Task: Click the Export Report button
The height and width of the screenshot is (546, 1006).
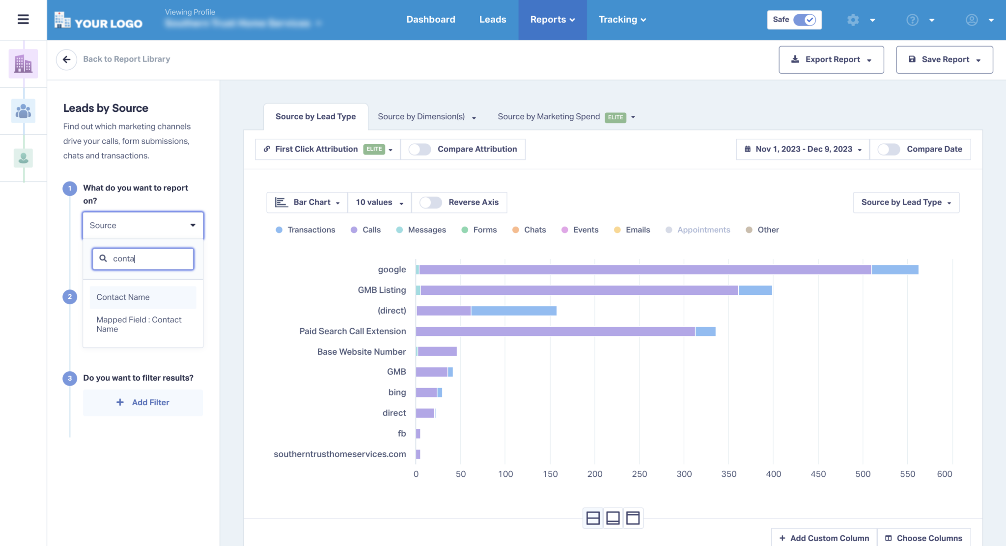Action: (831, 59)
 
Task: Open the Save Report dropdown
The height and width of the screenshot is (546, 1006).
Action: (944, 59)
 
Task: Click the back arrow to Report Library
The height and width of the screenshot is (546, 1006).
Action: (66, 59)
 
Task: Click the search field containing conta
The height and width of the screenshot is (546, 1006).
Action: (147, 259)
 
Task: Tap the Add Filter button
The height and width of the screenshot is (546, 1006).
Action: (143, 402)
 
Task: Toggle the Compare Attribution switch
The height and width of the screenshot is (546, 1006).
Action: (419, 149)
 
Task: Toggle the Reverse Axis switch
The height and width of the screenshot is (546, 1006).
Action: (430, 202)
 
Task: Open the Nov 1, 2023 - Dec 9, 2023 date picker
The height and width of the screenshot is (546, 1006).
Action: (803, 149)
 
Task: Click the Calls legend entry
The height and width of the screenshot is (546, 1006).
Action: (366, 230)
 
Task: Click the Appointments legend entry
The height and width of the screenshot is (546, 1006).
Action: (698, 230)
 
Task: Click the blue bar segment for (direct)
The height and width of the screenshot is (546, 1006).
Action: (513, 311)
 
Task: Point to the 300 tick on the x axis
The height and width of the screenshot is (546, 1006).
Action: (684, 474)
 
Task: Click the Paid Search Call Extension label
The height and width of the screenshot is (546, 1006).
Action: (352, 331)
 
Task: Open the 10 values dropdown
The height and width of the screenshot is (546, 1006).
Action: (379, 202)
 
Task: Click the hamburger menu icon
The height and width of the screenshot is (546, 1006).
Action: (23, 20)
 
